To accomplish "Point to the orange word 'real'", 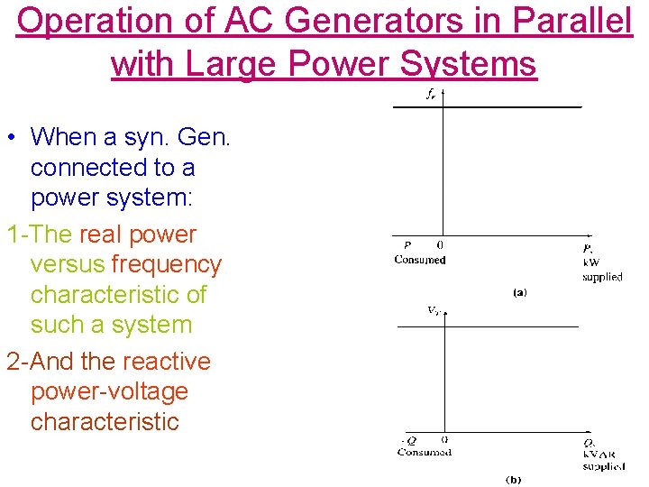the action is coord(103,234).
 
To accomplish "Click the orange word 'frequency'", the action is coord(166,265).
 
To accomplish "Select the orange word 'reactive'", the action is coord(167,362).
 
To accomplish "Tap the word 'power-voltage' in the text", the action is coord(109,392).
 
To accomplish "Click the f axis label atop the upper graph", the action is coord(431,93).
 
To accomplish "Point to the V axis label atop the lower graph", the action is coord(433,311).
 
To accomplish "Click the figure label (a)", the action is coord(519,292).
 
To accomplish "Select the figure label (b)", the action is coord(512,479).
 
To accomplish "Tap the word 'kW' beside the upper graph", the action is coord(591,262).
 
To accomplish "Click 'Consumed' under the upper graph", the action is coord(419,260).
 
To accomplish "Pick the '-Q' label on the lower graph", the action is coord(408,441).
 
